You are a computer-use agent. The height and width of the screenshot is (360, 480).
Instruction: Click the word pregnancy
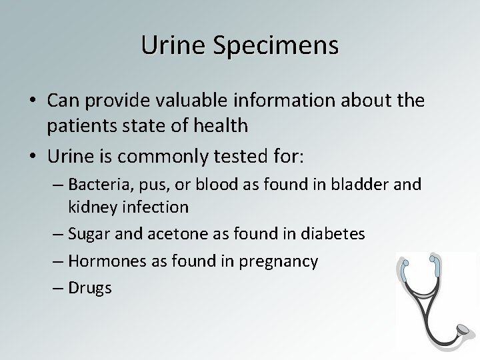pos(282,262)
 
